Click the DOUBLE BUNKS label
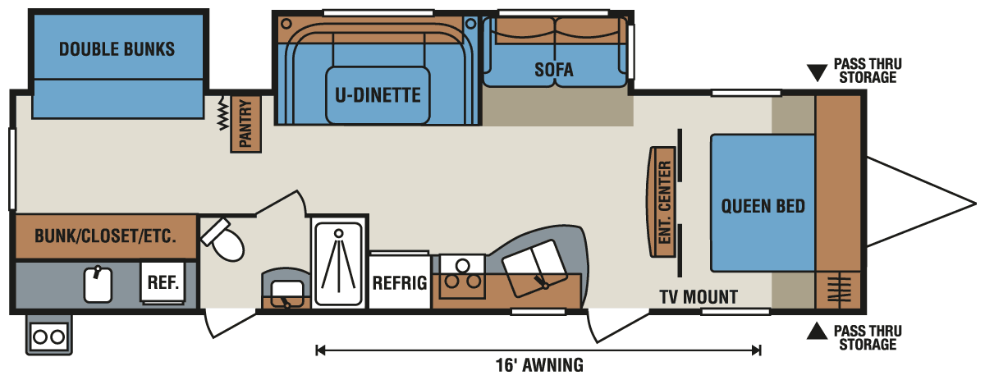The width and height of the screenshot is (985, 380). tap(117, 49)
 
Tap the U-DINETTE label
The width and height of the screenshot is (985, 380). tap(377, 95)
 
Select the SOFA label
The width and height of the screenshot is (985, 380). tap(554, 70)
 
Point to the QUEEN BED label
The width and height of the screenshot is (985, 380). tap(763, 205)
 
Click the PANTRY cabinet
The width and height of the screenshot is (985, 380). tap(246, 124)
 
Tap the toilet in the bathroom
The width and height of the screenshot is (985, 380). tap(223, 239)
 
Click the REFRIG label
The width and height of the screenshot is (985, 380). tap(400, 283)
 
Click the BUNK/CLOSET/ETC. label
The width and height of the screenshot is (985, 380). tap(105, 237)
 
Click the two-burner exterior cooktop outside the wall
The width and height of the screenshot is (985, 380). tap(48, 337)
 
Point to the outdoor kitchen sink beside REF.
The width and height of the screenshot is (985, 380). tap(98, 283)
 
